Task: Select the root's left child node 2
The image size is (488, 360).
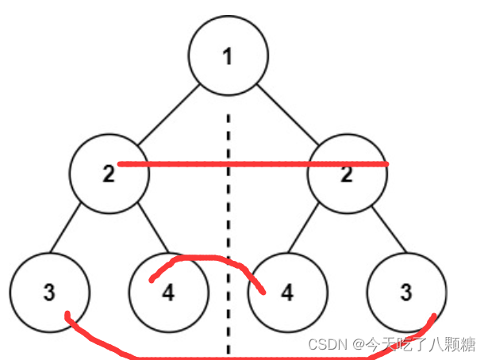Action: coord(109,174)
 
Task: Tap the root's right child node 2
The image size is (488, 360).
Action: coord(347,174)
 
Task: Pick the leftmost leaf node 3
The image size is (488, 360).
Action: coord(49,292)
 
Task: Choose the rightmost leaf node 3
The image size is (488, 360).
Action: coord(406,292)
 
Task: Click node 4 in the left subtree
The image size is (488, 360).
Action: coord(168,292)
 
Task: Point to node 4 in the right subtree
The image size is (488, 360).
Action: coord(287,292)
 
